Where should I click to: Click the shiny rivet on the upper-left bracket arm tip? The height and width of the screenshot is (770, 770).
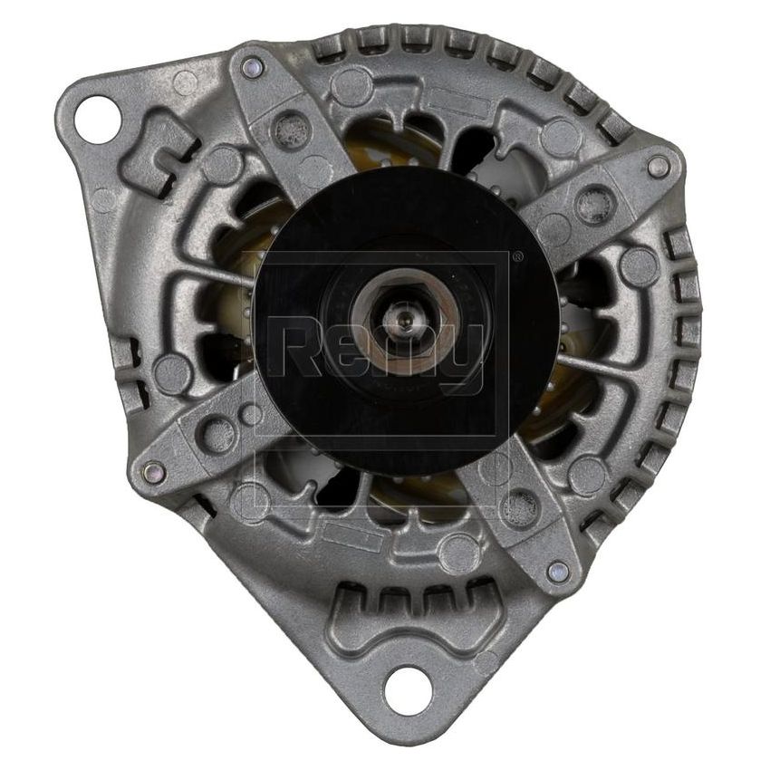click(253, 65)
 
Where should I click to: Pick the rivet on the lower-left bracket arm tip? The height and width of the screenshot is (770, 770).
click(155, 469)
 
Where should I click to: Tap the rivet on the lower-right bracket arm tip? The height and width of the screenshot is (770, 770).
click(559, 570)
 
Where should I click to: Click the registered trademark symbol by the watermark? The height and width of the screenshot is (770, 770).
click(516, 258)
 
